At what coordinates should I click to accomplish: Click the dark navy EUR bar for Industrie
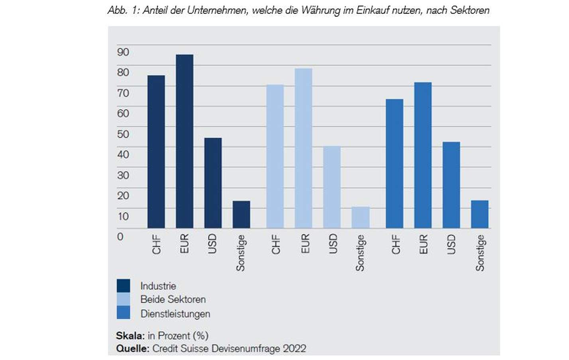point(184,141)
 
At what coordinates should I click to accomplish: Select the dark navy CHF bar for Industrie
point(156,152)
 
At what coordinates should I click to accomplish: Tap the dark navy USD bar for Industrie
point(213,183)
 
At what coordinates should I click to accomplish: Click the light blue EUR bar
point(303,148)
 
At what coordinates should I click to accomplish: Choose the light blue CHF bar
point(275,156)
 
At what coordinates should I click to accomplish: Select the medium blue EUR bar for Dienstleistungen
point(423,155)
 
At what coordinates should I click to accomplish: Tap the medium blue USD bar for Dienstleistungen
point(451,185)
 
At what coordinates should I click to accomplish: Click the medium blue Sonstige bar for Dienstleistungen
point(479,214)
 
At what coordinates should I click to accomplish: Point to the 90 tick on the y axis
point(123,52)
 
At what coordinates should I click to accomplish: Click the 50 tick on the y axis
point(123,134)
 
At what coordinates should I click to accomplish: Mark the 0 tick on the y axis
point(120,237)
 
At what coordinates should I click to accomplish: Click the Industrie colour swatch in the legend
point(123,286)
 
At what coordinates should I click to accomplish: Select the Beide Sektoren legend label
point(173,299)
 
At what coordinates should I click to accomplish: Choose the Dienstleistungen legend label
point(175,314)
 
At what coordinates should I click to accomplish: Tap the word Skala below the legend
point(130,335)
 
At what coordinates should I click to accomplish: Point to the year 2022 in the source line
point(294,348)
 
